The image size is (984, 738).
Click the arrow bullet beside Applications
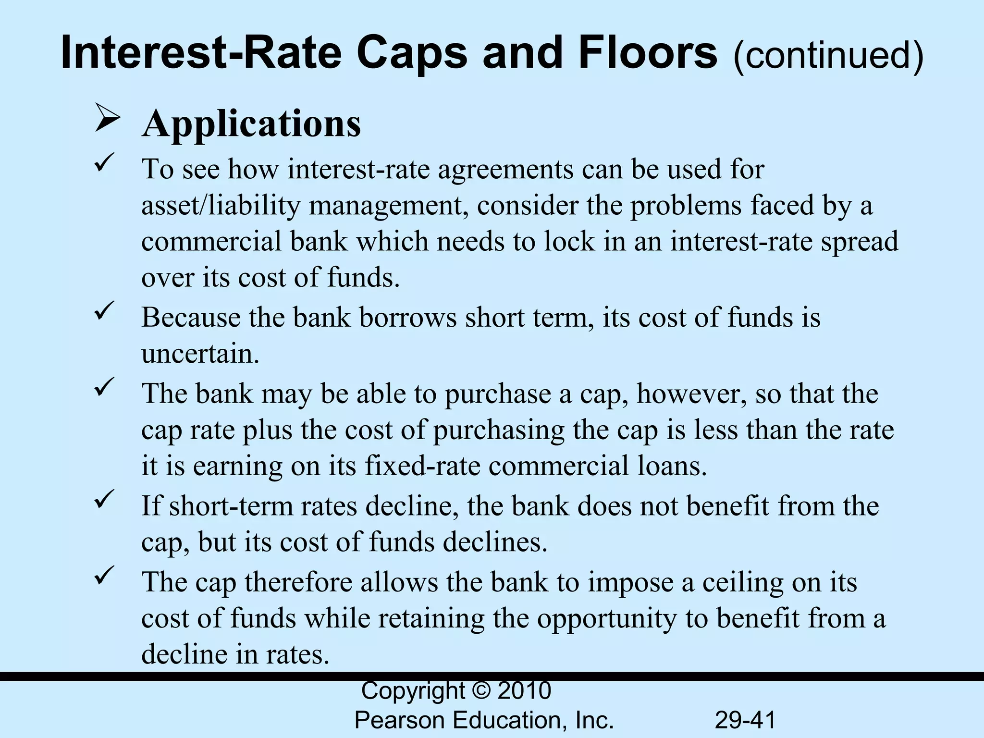pyautogui.click(x=107, y=118)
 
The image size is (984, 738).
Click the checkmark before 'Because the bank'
pyautogui.click(x=104, y=309)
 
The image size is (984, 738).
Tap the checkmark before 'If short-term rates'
pyautogui.click(x=104, y=498)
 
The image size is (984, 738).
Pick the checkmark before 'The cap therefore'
pyautogui.click(x=104, y=574)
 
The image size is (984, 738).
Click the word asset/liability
pyautogui.click(x=221, y=206)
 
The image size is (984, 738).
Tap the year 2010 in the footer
pyautogui.click(x=524, y=691)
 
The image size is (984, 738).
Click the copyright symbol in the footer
pyautogui.click(x=481, y=691)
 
